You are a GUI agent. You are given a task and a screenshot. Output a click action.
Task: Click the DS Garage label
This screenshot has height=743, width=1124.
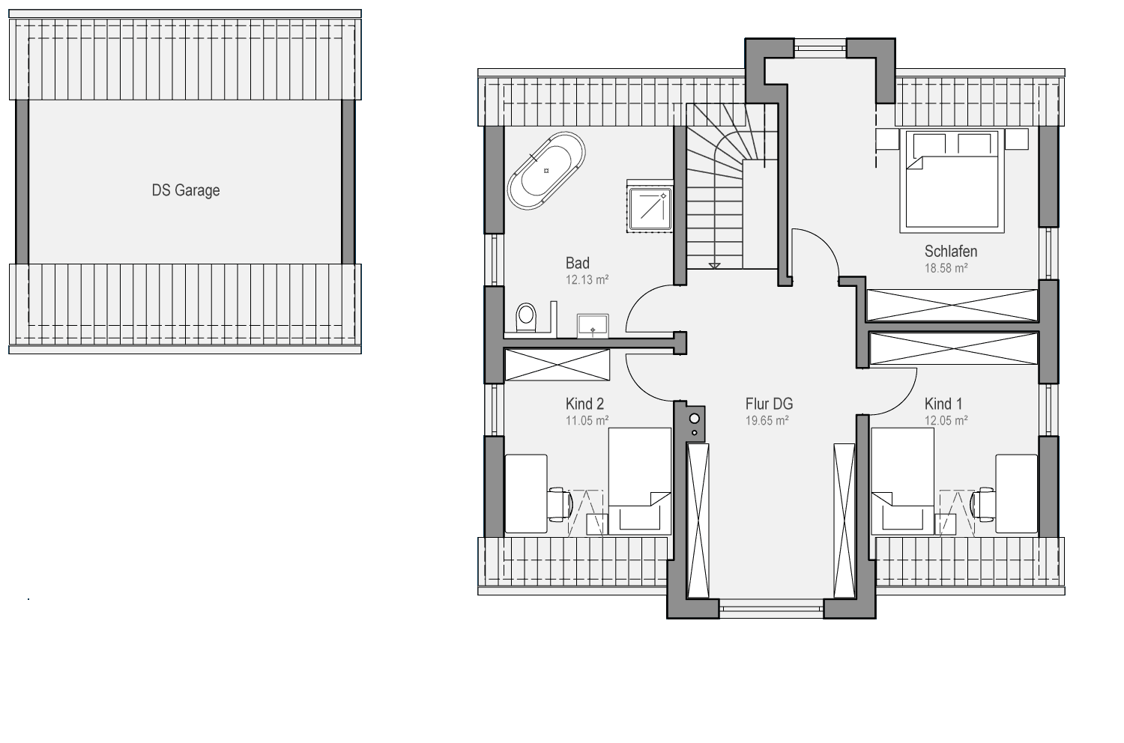click(186, 191)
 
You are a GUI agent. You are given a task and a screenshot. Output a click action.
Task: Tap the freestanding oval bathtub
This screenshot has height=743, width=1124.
click(546, 171)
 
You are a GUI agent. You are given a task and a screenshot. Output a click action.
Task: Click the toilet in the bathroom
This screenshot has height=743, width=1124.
click(526, 318)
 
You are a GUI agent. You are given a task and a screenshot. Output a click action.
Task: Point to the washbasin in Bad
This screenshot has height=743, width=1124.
click(593, 325)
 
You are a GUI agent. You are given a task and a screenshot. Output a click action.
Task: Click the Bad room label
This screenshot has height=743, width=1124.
click(578, 263)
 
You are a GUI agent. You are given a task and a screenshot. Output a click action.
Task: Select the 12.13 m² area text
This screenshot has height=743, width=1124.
click(587, 279)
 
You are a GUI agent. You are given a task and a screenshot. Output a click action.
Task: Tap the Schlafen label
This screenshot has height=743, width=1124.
click(951, 251)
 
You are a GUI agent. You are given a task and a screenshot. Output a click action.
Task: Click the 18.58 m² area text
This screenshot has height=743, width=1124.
click(946, 268)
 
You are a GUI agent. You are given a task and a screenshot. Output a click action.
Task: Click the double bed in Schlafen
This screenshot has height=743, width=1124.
click(952, 181)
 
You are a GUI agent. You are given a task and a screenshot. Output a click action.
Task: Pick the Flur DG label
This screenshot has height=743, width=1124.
click(770, 404)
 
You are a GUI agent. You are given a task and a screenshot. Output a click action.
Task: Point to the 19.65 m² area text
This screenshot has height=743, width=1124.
click(767, 420)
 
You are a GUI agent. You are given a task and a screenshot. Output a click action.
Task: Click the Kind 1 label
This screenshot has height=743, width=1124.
click(943, 404)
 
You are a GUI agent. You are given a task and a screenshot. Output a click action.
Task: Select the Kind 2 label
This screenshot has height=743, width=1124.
click(584, 404)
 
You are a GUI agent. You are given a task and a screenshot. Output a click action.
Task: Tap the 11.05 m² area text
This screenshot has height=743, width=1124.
click(587, 420)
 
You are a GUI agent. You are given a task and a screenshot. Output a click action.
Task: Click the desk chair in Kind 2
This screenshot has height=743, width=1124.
click(560, 503)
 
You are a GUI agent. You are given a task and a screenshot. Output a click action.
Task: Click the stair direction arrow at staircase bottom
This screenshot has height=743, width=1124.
click(715, 266)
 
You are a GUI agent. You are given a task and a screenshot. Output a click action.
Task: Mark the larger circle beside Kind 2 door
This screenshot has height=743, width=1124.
click(695, 419)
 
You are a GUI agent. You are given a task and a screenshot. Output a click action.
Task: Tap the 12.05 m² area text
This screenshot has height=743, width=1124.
click(946, 420)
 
